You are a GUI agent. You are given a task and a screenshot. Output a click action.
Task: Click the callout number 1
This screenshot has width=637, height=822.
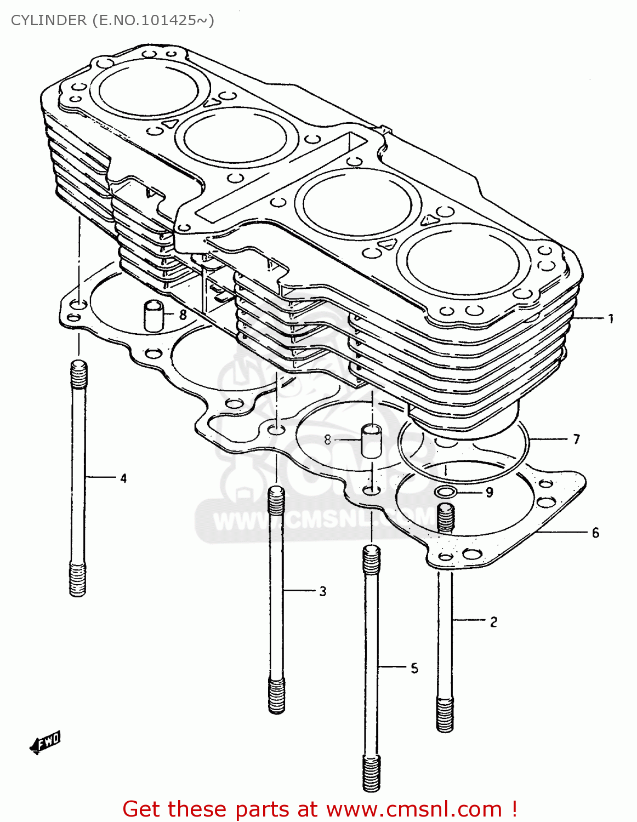pos(611,318)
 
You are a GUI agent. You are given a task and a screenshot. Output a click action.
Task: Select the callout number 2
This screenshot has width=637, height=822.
pos(493,622)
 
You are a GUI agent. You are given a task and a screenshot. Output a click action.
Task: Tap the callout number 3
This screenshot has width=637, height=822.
pos(323,591)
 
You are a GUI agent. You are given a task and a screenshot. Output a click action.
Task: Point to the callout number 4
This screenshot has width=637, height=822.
pos(123,478)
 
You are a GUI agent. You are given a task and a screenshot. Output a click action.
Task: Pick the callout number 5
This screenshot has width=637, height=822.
pos(414,668)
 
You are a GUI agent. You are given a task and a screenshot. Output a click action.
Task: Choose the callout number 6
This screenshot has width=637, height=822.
pos(595,533)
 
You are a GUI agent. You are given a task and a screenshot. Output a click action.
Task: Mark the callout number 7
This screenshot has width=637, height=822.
pos(576,439)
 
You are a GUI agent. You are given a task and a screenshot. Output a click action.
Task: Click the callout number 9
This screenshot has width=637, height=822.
pos(490,492)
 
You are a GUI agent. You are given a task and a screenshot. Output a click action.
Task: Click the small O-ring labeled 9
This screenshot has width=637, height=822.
pos(446,492)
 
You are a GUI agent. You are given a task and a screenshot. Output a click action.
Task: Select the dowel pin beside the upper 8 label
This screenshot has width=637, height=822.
pos(153,315)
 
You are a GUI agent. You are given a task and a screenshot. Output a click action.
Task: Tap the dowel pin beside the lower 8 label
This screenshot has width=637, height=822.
pos(371,440)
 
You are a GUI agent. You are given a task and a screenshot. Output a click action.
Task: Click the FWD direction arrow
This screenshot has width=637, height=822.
pos(46,744)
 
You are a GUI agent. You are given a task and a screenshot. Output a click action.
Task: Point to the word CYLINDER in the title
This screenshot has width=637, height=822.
pos(48,20)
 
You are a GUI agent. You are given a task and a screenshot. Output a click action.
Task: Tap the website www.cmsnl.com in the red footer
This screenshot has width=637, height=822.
pos(414,809)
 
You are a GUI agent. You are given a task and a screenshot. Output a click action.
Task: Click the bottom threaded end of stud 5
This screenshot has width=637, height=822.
pos(371,772)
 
